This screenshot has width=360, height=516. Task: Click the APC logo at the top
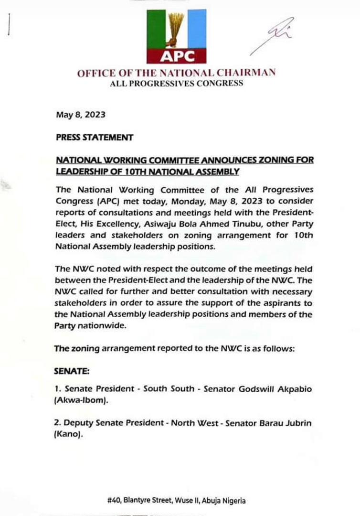coord(176,36)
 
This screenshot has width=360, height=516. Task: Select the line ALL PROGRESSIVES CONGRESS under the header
coord(176,84)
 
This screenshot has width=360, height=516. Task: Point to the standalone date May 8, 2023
coord(80,115)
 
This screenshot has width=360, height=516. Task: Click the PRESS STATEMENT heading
coord(94,138)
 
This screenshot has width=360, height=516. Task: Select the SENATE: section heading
coord(72,370)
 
